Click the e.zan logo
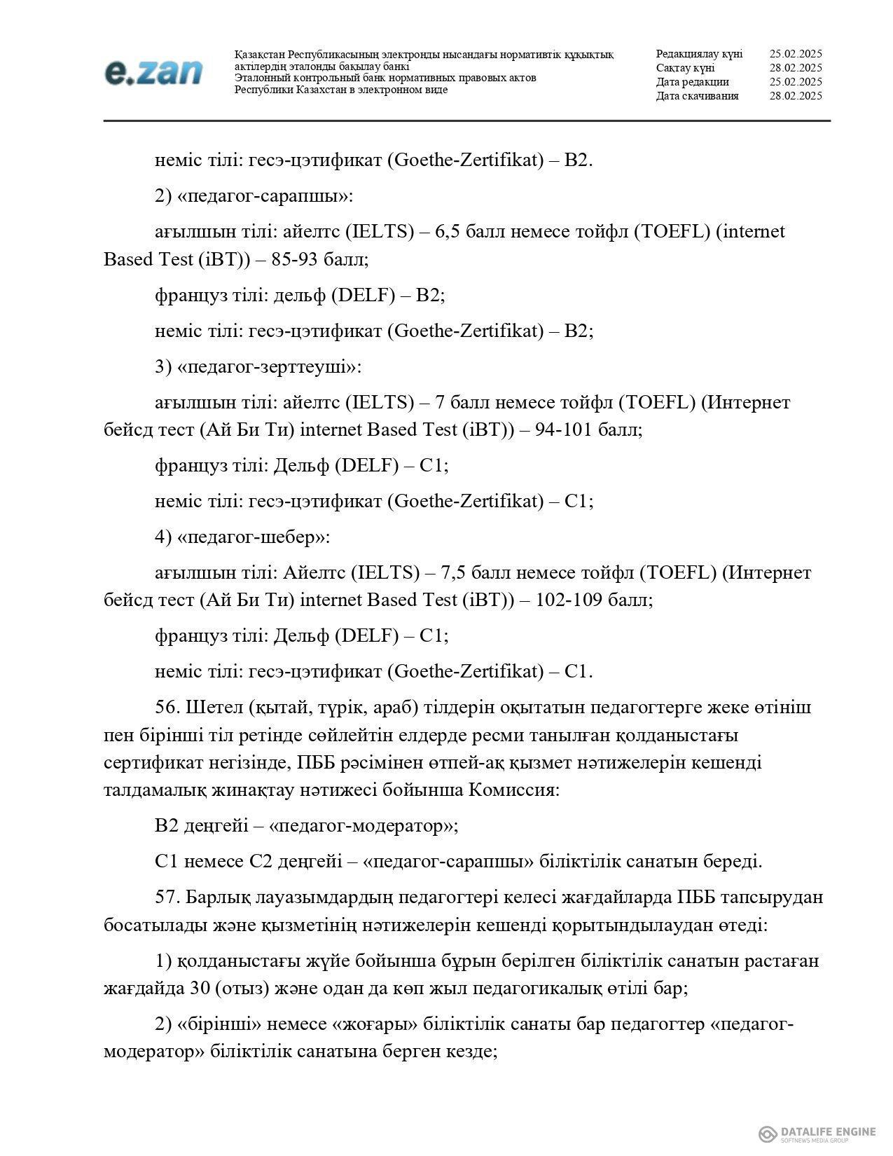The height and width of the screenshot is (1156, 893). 153,73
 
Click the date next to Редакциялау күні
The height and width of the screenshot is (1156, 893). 795,54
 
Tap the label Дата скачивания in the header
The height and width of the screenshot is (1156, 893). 697,96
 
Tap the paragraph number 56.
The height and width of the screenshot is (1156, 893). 168,708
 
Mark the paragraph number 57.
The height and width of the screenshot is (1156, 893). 168,897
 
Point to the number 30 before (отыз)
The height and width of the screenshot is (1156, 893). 199,989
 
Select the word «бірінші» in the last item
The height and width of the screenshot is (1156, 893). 220,1025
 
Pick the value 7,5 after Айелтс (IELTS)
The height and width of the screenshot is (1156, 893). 455,573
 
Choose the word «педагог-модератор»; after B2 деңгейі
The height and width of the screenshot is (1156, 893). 364,826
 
